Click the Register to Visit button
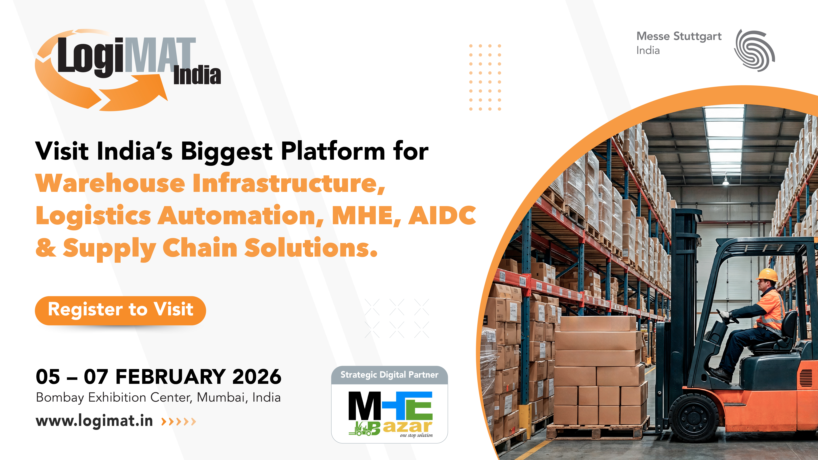tap(120, 310)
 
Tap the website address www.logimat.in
tap(94, 421)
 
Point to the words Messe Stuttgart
tap(679, 37)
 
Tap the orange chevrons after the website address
tap(178, 422)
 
